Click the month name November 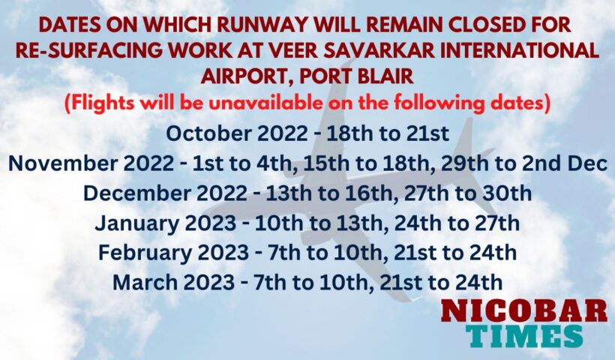click(x=63, y=163)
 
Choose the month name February click(x=145, y=253)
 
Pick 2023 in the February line click(x=223, y=253)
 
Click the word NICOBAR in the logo click(x=524, y=311)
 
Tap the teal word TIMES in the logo click(x=524, y=336)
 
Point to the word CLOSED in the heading click(x=493, y=25)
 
